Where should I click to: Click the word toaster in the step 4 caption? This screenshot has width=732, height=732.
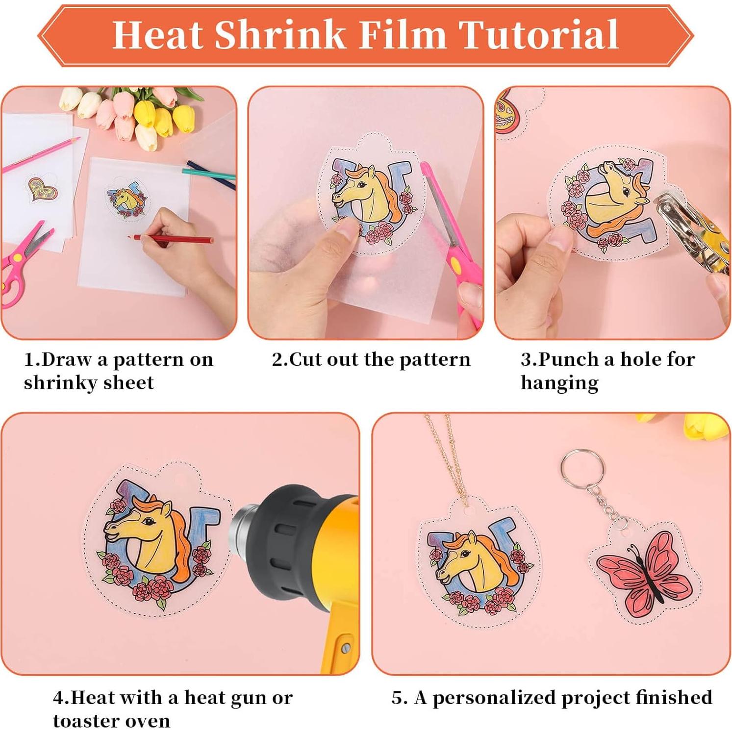[83, 721]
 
